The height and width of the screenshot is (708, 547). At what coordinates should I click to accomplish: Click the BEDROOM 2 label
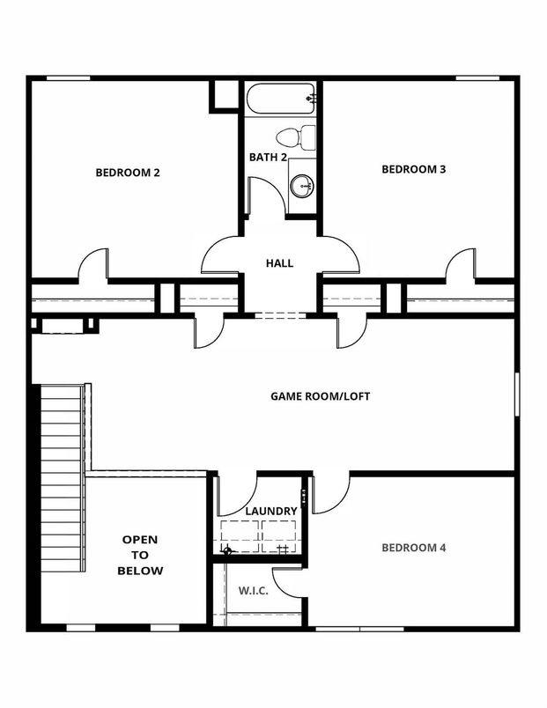pos(127,173)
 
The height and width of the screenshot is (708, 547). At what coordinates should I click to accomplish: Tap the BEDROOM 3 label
pos(413,169)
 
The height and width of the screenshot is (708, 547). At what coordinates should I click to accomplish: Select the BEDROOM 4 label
pos(414,548)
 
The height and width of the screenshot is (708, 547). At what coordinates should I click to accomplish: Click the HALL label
pos(279,263)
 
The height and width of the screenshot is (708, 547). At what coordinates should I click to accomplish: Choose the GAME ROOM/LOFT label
pos(319,396)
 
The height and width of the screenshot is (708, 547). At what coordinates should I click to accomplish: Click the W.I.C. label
pos(254,591)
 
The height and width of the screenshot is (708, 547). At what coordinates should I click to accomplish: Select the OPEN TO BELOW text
pos(143,555)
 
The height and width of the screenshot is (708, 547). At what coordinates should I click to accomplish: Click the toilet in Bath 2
pos(297,136)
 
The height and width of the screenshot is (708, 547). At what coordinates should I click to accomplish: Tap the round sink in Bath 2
pos(302,185)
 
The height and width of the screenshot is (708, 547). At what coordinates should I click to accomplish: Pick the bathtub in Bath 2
pos(280,99)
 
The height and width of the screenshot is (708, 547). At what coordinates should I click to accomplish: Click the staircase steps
pos(63,476)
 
